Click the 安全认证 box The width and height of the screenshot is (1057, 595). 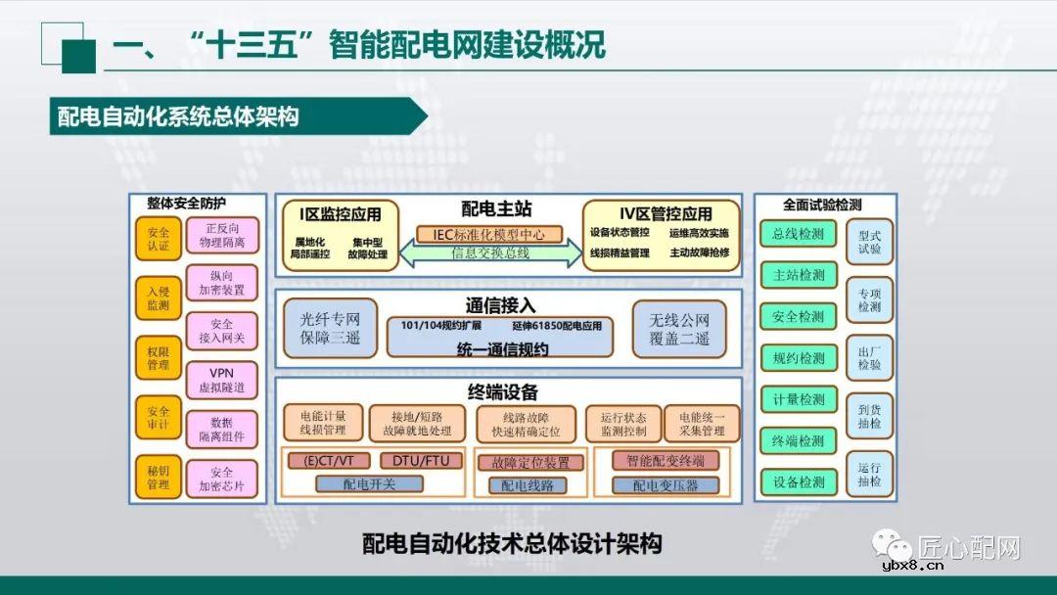pos(159,239)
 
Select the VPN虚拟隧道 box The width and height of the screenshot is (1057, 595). pos(221,381)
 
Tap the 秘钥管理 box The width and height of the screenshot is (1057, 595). pos(159,478)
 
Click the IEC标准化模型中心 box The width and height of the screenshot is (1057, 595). pos(489,235)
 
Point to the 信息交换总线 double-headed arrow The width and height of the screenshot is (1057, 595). pos(489,253)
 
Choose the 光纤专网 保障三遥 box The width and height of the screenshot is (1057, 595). pos(330,329)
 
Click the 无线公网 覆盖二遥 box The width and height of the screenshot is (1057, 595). pos(679,329)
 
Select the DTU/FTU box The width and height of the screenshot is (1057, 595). pos(420,460)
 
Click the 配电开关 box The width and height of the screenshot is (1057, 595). pos(369,483)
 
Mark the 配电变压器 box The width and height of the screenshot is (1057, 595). pos(666,484)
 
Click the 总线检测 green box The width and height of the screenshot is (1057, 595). pos(799,234)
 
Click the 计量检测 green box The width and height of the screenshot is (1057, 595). pos(799,399)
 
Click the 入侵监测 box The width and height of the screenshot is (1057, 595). pos(159,298)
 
